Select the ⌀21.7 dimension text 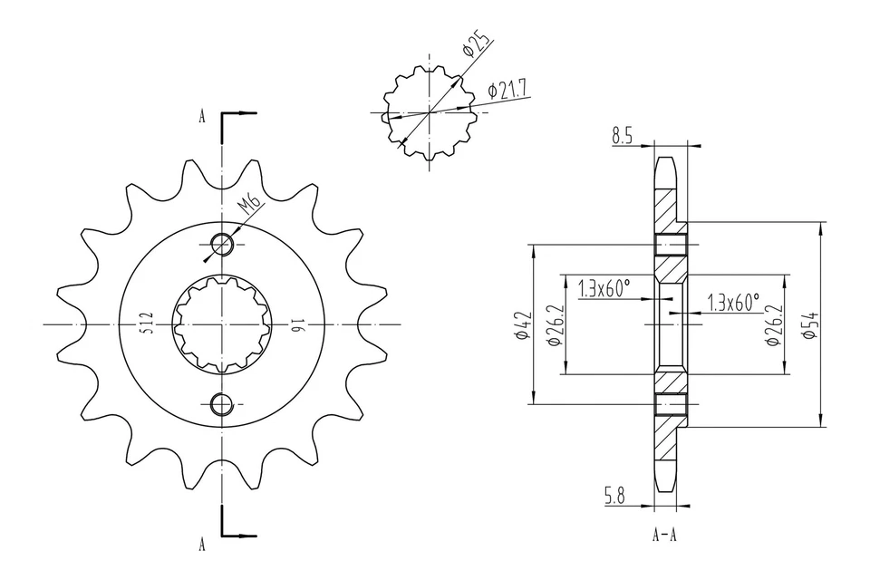click(508, 89)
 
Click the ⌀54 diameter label click(810, 324)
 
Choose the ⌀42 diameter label click(520, 324)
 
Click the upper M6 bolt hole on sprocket click(221, 243)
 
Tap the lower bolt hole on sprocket click(221, 404)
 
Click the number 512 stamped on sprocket click(146, 324)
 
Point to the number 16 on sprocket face click(295, 324)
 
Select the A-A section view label click(664, 535)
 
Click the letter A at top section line click(202, 116)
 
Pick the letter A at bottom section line click(202, 544)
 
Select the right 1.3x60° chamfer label click(733, 303)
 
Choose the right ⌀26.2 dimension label click(773, 324)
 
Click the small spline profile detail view click(427, 113)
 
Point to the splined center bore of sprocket click(221, 324)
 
